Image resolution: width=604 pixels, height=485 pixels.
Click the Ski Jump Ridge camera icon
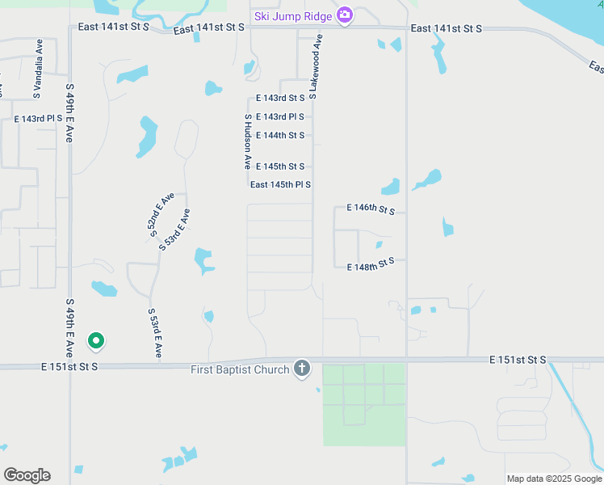click(345, 15)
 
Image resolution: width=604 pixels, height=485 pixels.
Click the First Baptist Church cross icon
click(302, 369)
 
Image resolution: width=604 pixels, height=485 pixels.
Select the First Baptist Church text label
click(240, 370)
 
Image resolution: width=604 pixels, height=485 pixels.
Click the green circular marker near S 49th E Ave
click(96, 342)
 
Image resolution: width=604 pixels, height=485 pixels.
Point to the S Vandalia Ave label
click(38, 57)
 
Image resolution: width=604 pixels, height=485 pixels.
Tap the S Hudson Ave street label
click(248, 141)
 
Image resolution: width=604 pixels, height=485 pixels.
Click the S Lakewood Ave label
click(316, 66)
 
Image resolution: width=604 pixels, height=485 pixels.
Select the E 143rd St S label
click(280, 98)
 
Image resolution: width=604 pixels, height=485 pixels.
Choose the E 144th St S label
click(280, 135)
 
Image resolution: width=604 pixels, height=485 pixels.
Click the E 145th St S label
click(280, 167)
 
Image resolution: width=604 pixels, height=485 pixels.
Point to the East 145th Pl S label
click(280, 185)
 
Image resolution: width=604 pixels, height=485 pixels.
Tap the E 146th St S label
click(371, 209)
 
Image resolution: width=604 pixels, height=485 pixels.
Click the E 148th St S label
click(371, 264)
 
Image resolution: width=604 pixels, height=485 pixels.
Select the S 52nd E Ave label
click(161, 214)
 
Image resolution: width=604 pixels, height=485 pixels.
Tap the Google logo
click(27, 475)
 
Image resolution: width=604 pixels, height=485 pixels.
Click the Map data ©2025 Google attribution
click(553, 479)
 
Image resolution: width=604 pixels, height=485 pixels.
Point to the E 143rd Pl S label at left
click(38, 119)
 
